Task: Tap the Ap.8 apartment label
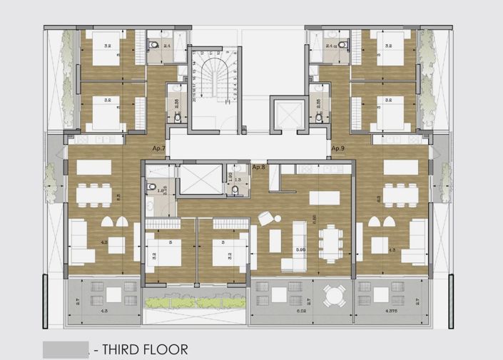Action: click(x=259, y=166)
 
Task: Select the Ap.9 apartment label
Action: click(x=338, y=148)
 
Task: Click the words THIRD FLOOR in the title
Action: click(x=146, y=349)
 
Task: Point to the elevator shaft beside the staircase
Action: click(x=288, y=114)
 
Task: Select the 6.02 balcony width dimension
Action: click(x=300, y=311)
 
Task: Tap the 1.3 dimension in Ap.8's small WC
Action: click(x=237, y=181)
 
